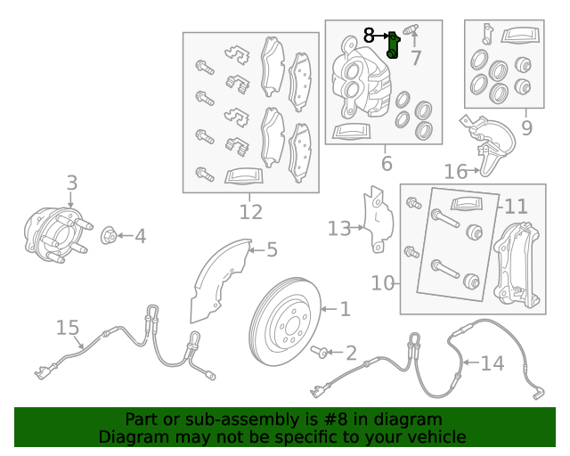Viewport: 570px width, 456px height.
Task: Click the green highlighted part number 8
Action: (x=393, y=45)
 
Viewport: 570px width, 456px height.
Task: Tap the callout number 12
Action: (x=251, y=212)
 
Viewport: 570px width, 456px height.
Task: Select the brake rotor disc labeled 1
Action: (x=285, y=322)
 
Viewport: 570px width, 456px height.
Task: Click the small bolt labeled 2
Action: (x=320, y=352)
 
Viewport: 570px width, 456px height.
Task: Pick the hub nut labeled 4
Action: (x=109, y=235)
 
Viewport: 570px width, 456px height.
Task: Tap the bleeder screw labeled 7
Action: (x=411, y=29)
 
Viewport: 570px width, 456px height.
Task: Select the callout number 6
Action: (x=387, y=163)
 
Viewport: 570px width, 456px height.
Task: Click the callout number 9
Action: (x=526, y=127)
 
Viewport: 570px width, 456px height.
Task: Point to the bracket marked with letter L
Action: (x=378, y=220)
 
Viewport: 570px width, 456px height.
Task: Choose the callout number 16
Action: (x=455, y=171)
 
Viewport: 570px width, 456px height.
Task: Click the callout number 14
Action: (x=493, y=362)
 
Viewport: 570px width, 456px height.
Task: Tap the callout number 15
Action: (x=68, y=327)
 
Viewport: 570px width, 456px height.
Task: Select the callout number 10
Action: (x=382, y=282)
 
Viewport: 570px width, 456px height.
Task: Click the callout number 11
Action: (x=516, y=207)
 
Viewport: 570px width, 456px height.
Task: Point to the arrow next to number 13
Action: (x=357, y=228)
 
